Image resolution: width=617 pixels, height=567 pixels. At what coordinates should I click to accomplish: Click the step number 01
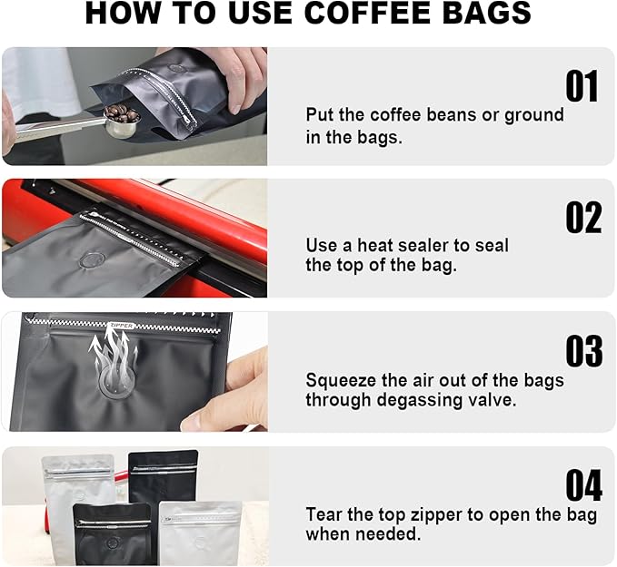click(582, 87)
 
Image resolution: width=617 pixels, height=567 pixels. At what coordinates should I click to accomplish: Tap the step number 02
click(582, 219)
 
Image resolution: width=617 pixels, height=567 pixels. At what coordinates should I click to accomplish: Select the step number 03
click(582, 351)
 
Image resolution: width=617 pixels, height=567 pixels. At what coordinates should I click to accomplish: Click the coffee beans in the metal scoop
click(120, 114)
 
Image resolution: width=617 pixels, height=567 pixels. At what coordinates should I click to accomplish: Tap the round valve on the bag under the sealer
click(91, 261)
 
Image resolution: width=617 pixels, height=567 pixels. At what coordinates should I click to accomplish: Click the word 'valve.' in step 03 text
click(493, 400)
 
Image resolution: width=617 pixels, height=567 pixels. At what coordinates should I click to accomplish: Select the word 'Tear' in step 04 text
click(324, 514)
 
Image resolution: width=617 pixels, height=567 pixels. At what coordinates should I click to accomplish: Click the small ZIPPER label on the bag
click(120, 324)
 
